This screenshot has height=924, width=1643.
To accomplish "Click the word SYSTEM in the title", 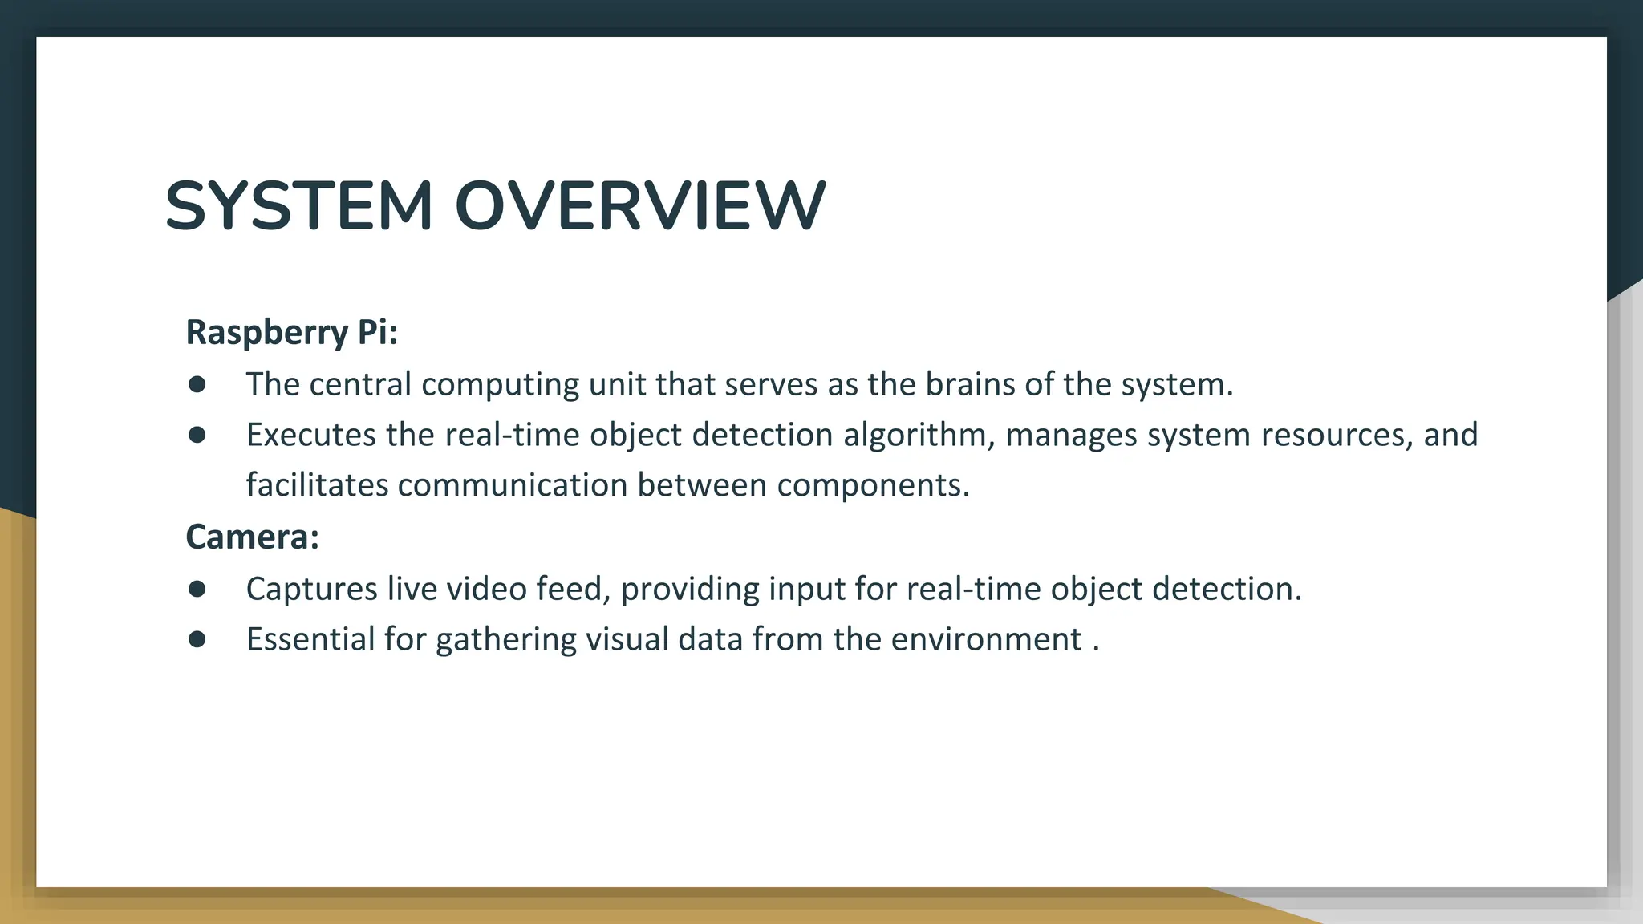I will [298, 206].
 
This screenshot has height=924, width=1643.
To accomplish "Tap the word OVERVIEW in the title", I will [639, 206].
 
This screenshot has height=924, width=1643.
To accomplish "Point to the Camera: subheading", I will [253, 537].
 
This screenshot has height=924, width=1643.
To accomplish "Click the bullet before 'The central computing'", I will [197, 384].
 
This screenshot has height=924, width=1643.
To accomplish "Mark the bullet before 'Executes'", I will [197, 435].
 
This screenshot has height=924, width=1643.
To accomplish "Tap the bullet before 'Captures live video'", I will [197, 589].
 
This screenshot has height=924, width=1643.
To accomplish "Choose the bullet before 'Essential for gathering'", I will [197, 639].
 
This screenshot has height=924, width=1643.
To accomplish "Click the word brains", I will [970, 384].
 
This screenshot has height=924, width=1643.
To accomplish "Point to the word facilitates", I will [317, 485].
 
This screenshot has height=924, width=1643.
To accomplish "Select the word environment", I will [986, 639].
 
